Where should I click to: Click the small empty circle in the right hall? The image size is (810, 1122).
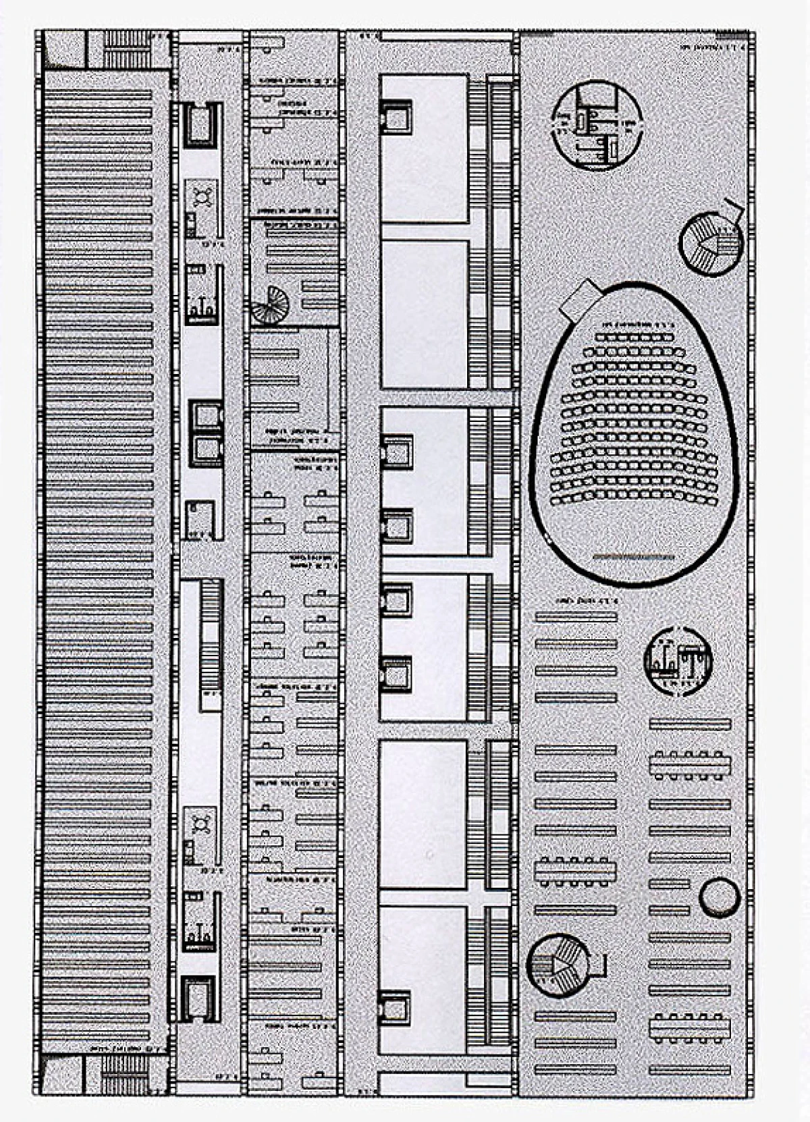(720, 897)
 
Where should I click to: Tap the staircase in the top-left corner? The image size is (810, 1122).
(126, 49)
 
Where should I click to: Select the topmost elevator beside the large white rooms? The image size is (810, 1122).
(395, 115)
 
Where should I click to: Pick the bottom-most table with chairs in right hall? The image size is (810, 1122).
(690, 1027)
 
